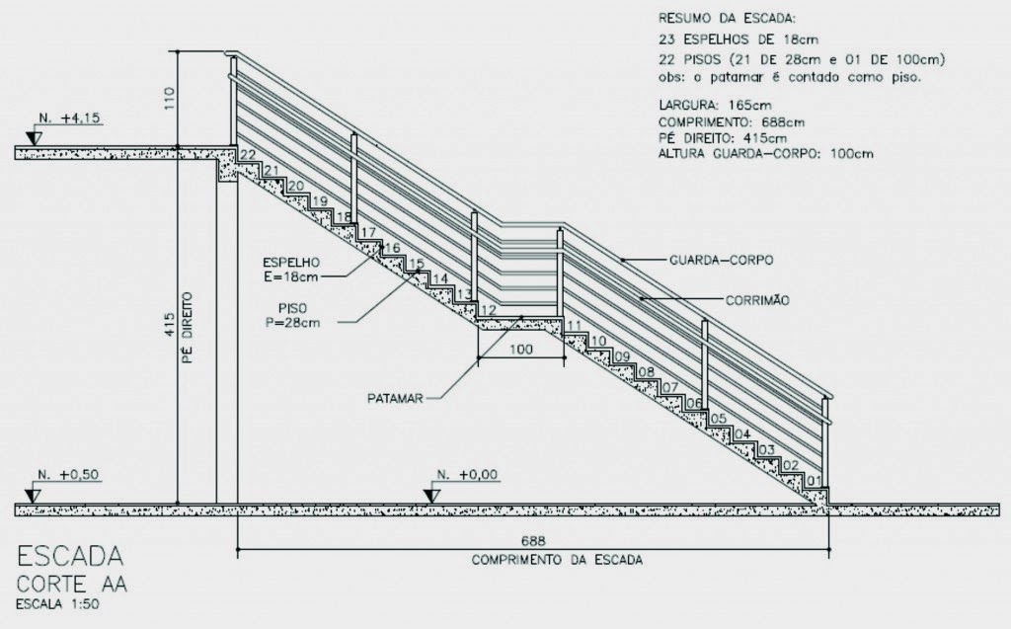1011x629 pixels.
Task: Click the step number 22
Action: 248,155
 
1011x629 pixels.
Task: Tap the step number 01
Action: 814,481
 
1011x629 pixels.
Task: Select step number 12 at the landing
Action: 489,310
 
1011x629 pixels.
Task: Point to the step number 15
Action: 417,264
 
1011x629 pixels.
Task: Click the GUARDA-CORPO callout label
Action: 721,260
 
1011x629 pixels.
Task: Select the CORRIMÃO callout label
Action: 757,300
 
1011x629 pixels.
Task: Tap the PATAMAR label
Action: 395,398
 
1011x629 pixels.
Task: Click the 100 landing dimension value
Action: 521,350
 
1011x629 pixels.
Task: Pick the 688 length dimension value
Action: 533,540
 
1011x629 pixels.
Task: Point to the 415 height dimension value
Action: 170,325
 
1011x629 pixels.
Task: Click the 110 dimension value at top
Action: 170,99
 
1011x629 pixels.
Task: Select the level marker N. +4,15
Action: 69,118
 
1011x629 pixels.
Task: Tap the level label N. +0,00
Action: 467,475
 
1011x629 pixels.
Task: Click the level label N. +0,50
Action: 68,475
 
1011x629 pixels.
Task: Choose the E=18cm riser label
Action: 290,276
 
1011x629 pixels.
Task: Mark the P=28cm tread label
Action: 292,323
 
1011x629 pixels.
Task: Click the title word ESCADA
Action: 70,556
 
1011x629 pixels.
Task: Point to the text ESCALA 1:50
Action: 57,604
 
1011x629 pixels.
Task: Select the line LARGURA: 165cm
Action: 715,105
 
